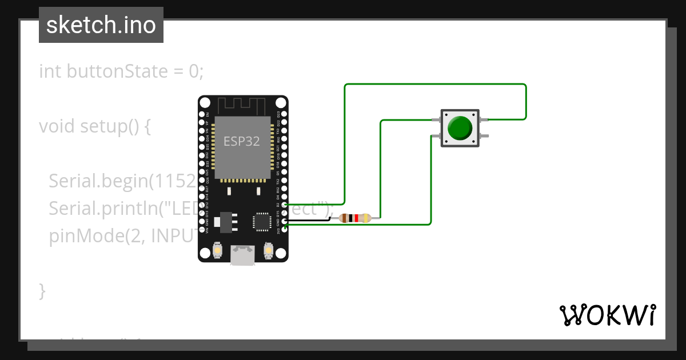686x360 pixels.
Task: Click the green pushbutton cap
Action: coord(460,127)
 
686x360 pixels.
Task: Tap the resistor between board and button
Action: coord(355,218)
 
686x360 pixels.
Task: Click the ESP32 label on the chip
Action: coord(241,142)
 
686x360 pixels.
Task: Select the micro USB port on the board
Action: coord(242,255)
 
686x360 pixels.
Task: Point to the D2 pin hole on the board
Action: coord(285,204)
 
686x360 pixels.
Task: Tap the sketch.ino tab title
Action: coord(101,25)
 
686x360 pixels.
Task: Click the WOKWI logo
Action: coord(607,315)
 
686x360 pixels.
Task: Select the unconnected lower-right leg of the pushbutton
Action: coord(485,136)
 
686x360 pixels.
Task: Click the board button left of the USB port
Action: coord(217,250)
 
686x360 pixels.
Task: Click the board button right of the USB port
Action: coord(268,250)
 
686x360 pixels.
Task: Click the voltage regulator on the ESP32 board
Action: coord(224,221)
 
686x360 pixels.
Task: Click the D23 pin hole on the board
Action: coord(285,114)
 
